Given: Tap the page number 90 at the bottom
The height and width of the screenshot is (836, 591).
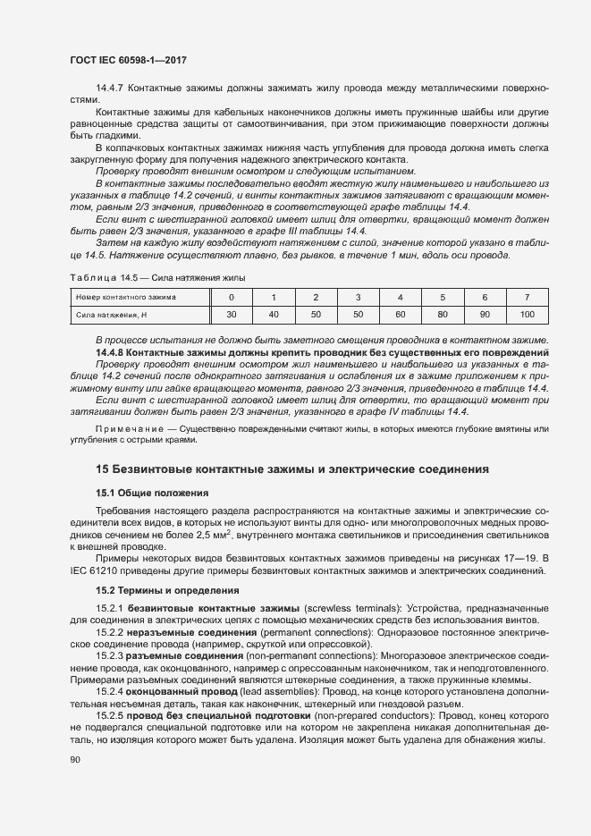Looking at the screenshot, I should (x=74, y=760).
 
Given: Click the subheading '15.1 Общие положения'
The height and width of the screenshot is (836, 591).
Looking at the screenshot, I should (x=152, y=493).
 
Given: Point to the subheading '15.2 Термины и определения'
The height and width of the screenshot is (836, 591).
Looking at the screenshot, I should (x=167, y=590).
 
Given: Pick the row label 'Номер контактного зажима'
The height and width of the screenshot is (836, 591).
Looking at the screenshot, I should (x=126, y=296).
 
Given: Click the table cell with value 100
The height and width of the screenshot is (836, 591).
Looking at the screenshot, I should (x=527, y=315).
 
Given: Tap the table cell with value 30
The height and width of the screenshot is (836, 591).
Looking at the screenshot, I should (x=232, y=315).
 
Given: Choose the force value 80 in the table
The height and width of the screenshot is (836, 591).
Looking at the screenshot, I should (x=442, y=315).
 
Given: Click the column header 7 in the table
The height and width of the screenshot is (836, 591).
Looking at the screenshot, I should (x=527, y=296).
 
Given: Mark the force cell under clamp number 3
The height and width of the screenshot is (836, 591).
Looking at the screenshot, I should (x=358, y=315).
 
